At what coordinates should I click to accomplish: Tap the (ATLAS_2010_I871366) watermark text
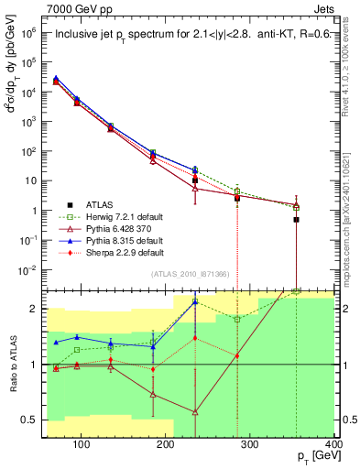(190, 275)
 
